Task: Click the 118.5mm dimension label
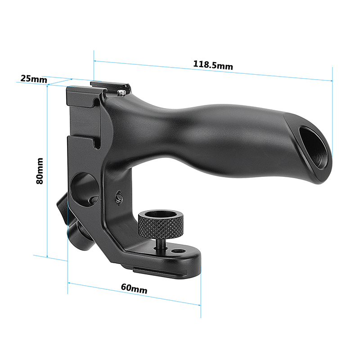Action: pyautogui.click(x=213, y=65)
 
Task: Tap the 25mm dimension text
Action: pyautogui.click(x=33, y=79)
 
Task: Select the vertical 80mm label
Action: pyautogui.click(x=40, y=171)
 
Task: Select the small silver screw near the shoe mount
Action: pyautogui.click(x=122, y=92)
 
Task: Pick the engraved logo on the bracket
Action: pyautogui.click(x=119, y=197)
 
